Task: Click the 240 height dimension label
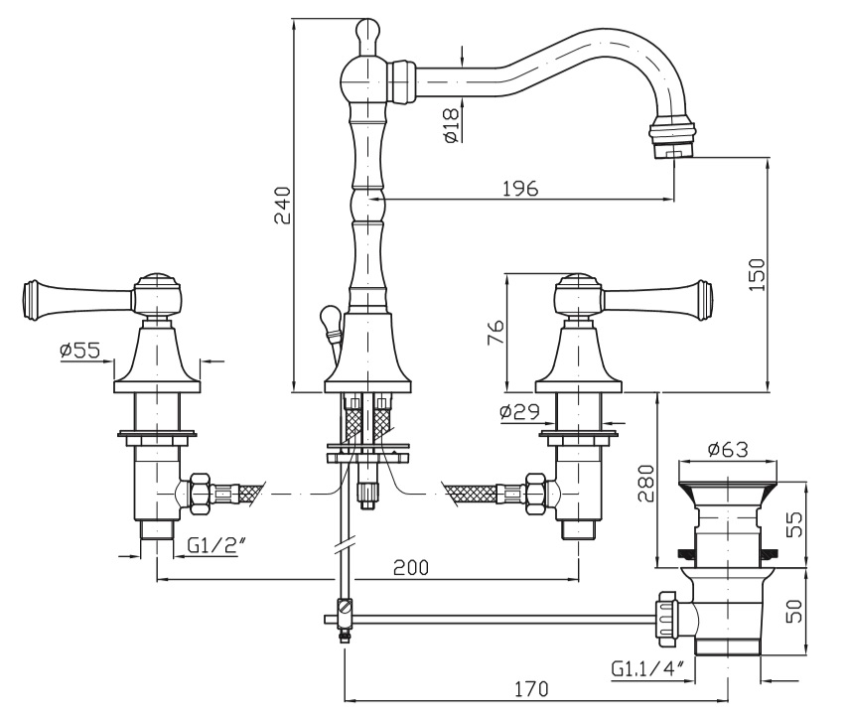click(282, 206)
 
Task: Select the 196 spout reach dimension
click(519, 189)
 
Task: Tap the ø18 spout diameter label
click(450, 126)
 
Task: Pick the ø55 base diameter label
click(79, 351)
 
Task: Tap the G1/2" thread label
click(212, 545)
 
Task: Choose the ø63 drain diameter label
click(727, 450)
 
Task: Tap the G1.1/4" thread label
click(645, 668)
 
